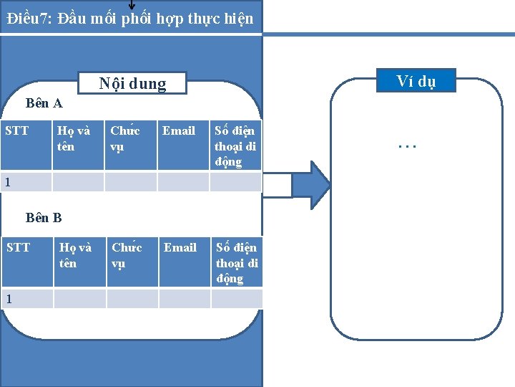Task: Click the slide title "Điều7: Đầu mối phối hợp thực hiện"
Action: coord(130,18)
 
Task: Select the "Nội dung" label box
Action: coord(132,84)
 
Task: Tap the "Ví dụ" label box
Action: coord(416,81)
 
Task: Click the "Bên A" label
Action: coord(44,103)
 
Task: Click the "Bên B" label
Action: coord(44,217)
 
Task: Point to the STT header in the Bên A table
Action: coord(17,130)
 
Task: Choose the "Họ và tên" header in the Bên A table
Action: coord(74,138)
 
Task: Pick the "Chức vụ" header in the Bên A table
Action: coord(124,138)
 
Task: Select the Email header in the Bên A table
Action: coord(179,130)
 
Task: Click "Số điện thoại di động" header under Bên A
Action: coord(235,146)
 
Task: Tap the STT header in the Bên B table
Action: coord(19,247)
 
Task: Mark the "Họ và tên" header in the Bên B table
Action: coord(75,255)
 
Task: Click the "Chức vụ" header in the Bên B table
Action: coord(127,255)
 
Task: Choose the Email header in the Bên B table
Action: coord(180,247)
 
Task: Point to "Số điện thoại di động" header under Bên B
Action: coord(237,263)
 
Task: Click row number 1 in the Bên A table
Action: coord(8,182)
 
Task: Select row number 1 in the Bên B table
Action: coord(8,298)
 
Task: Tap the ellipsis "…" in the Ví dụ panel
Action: coord(407,145)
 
